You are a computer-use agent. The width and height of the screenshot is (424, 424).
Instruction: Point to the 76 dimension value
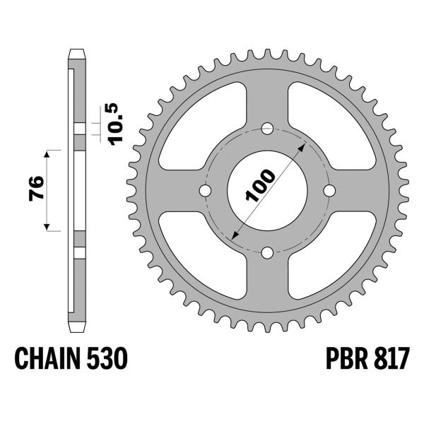pyautogui.click(x=37, y=189)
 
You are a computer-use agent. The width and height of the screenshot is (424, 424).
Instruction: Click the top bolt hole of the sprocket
pyautogui.click(x=267, y=129)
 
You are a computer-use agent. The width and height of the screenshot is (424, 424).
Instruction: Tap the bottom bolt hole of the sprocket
pyautogui.click(x=267, y=252)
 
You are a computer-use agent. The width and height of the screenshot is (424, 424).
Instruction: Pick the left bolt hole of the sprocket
pyautogui.click(x=206, y=191)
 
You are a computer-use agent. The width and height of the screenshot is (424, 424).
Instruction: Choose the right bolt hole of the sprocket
pyautogui.click(x=329, y=191)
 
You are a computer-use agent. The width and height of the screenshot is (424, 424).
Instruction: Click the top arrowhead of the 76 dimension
pyautogui.click(x=48, y=153)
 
